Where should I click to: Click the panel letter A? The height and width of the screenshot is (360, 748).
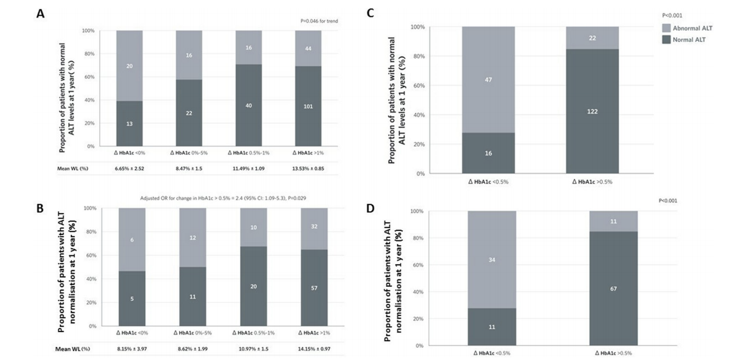pyautogui.click(x=40, y=14)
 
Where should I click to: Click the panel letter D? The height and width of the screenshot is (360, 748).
pyautogui.click(x=371, y=208)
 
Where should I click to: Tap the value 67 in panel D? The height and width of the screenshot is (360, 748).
pyautogui.click(x=614, y=289)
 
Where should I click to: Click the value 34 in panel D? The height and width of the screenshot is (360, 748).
pyautogui.click(x=492, y=259)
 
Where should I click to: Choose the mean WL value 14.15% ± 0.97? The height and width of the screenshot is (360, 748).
pyautogui.click(x=314, y=350)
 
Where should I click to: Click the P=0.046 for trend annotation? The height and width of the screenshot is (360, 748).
pyautogui.click(x=318, y=21)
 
